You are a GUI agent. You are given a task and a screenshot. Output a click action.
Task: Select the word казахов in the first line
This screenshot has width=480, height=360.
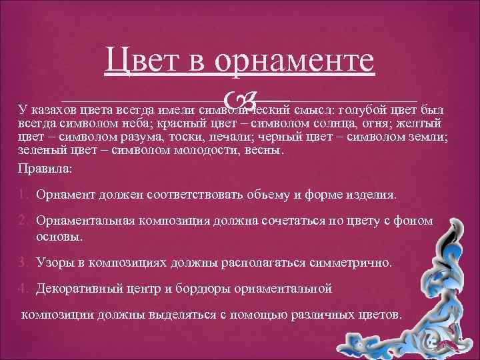tap(51, 110)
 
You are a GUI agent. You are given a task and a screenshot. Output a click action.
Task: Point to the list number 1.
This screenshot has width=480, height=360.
tap(23, 195)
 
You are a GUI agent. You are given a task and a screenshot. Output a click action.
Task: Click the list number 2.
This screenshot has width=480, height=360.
tap(23, 221)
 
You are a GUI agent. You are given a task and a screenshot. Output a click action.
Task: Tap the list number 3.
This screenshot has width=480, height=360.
tap(23, 262)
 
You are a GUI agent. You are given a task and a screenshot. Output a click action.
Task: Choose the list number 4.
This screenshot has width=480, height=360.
tap(23, 289)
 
